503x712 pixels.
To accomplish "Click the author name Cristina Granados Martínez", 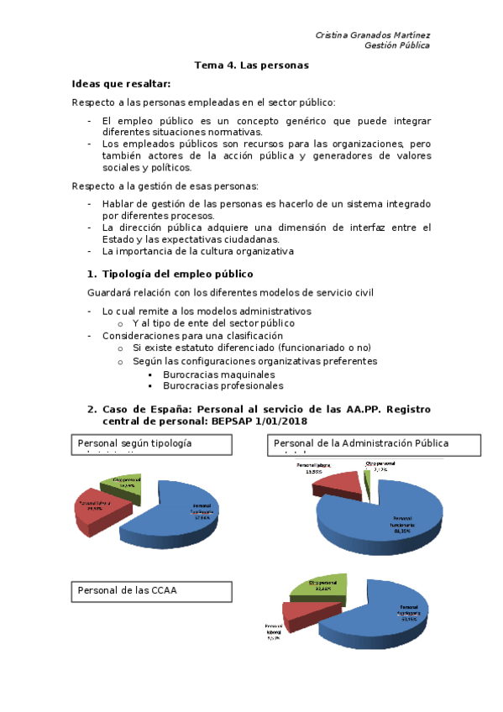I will [372, 34].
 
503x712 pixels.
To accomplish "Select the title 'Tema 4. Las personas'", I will [252, 65].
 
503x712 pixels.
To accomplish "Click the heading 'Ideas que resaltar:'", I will [122, 84].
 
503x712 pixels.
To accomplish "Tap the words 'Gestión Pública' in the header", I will [396, 45].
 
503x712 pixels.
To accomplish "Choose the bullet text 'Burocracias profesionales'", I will [223, 386].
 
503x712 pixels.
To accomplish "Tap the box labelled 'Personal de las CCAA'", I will [151, 590].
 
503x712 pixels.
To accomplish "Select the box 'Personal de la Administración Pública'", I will [373, 443].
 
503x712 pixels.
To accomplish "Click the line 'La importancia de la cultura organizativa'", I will [197, 250].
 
